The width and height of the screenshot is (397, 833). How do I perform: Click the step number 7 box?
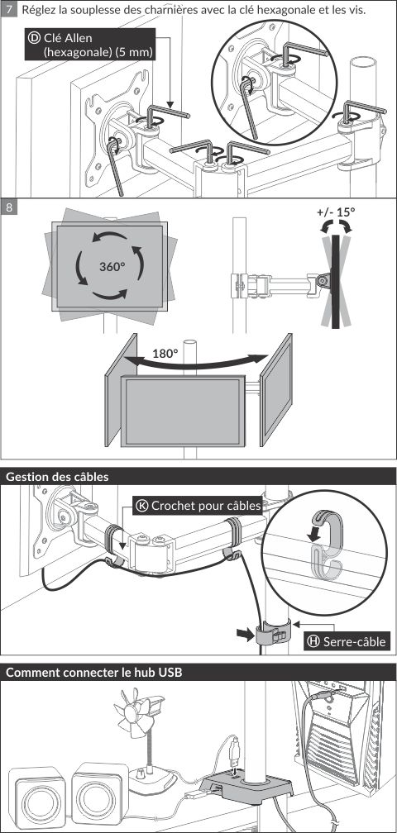(9, 10)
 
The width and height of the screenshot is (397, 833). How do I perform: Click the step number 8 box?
(9, 207)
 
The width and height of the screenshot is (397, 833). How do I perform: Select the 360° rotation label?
(112, 266)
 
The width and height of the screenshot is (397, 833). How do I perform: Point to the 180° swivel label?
(165, 354)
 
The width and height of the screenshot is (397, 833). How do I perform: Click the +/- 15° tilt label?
(336, 212)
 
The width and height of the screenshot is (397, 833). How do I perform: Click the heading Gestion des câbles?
(57, 477)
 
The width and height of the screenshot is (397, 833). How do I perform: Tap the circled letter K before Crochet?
(142, 505)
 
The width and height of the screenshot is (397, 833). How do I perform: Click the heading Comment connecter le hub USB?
(94, 672)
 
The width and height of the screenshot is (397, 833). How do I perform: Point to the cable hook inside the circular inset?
(326, 546)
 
